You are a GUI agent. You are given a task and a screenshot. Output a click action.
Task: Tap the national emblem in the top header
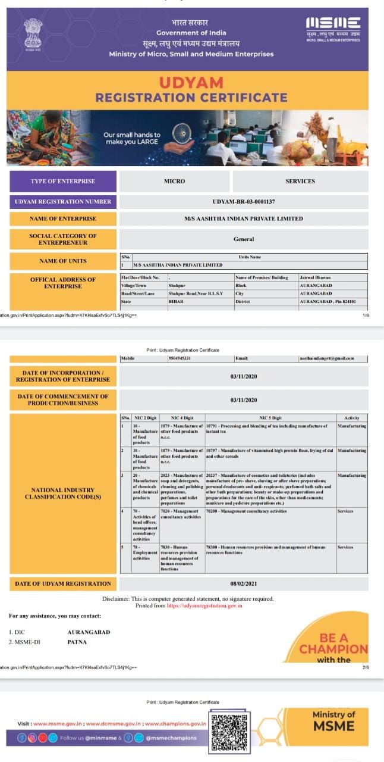click(x=33, y=33)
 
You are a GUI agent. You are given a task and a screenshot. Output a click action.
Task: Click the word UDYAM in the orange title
click(x=191, y=83)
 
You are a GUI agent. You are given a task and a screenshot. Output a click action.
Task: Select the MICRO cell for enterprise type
click(x=174, y=181)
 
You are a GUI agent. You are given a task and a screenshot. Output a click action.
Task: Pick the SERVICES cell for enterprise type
click(x=300, y=181)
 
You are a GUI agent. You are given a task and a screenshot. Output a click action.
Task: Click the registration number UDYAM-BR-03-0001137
click(x=244, y=202)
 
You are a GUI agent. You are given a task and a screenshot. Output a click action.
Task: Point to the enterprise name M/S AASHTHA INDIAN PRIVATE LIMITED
click(x=244, y=218)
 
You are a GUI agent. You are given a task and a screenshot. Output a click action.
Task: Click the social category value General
click(x=244, y=239)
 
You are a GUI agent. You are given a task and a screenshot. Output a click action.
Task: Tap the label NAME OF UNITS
click(x=62, y=261)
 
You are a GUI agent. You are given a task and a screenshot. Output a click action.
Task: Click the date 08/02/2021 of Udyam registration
click(x=244, y=583)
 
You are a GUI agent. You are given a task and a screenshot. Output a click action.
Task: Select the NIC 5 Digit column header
click(x=270, y=418)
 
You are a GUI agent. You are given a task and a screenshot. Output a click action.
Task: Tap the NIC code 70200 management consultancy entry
click(x=246, y=511)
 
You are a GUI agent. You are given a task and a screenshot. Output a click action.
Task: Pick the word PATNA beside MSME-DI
click(x=78, y=642)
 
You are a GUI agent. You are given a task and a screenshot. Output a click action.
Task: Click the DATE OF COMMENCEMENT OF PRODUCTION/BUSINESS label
click(x=62, y=399)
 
